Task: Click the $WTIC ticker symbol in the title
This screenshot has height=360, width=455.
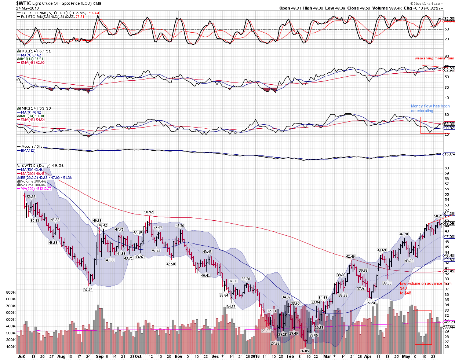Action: (23, 3)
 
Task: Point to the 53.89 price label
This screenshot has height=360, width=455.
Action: (31, 197)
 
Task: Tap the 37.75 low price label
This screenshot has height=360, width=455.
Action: (88, 290)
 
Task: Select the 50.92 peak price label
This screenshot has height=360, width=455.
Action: (149, 212)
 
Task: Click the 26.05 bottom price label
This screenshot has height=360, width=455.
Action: (305, 351)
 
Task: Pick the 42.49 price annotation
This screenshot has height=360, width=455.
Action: (350, 257)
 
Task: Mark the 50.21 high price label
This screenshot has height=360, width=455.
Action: (438, 216)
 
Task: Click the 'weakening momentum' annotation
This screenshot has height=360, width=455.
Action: (434, 58)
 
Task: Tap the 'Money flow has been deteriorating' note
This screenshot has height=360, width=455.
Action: (430, 108)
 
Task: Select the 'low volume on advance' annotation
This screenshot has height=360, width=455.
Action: (425, 284)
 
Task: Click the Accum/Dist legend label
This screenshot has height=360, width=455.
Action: (32, 147)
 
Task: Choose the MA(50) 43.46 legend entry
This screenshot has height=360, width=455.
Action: (32, 170)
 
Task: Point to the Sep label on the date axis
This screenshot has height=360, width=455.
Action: (99, 356)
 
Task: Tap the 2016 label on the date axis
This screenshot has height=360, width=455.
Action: (255, 356)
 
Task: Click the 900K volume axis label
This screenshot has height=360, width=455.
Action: (10, 293)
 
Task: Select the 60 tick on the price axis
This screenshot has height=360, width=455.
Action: (447, 168)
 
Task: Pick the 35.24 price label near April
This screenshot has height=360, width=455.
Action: (371, 303)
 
